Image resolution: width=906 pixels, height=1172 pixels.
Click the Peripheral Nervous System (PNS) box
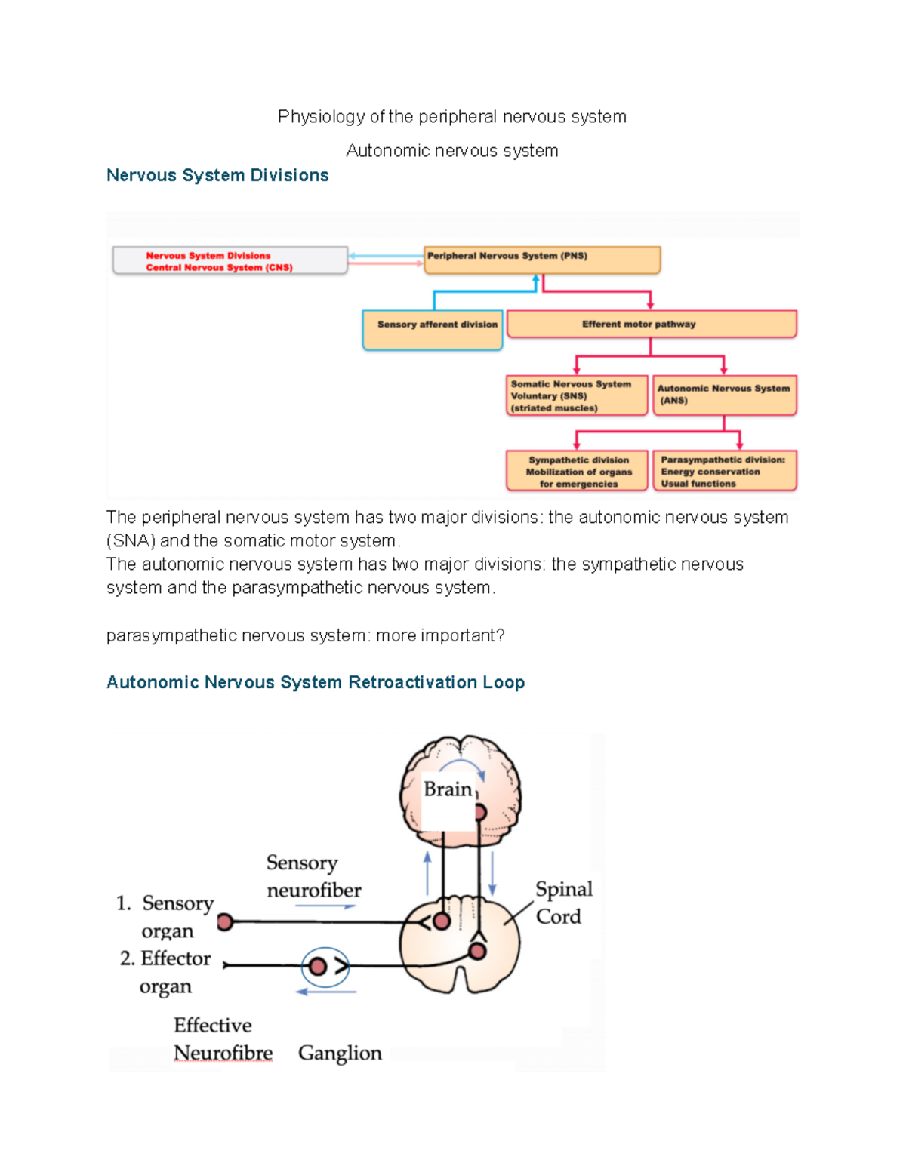[541, 259]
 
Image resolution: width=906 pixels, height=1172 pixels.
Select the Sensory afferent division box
[433, 329]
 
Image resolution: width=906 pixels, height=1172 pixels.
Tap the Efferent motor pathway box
[652, 324]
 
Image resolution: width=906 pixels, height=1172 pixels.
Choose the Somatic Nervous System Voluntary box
[577, 395]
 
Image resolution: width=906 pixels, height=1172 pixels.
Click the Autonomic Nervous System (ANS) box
[724, 395]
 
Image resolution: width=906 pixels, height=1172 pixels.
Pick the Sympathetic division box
[577, 471]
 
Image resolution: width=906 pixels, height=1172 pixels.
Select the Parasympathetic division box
[724, 471]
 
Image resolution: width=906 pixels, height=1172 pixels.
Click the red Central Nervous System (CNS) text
[219, 267]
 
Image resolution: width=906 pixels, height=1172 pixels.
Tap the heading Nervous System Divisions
[217, 175]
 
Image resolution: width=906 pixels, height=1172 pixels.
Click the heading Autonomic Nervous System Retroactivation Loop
[315, 682]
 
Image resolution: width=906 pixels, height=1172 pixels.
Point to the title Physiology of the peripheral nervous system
[451, 117]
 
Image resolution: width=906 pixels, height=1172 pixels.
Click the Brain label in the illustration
[448, 789]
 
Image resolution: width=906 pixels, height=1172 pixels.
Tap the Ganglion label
[340, 1053]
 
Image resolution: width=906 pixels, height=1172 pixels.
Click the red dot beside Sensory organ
[225, 921]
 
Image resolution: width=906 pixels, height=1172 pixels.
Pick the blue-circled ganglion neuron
[319, 966]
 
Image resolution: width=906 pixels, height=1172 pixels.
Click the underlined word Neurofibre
[223, 1053]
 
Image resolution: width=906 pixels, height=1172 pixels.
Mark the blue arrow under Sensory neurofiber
[325, 906]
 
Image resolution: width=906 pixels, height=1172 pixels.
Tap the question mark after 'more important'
[500, 635]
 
